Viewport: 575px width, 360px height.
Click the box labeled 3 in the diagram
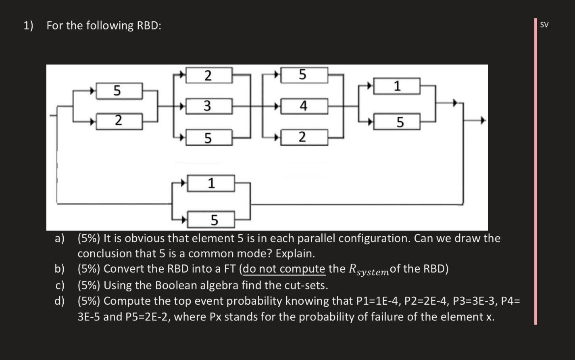(208, 106)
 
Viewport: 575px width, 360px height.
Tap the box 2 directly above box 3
(208, 75)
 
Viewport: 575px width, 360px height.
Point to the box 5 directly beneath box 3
(208, 138)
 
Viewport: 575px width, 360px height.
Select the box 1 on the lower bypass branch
(210, 183)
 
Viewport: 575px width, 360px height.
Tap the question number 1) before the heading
(28, 25)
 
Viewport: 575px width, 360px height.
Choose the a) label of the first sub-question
(60, 239)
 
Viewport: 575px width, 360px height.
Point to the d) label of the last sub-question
(60, 301)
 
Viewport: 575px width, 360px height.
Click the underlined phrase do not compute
(284, 269)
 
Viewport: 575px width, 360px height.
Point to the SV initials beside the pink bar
(544, 25)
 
